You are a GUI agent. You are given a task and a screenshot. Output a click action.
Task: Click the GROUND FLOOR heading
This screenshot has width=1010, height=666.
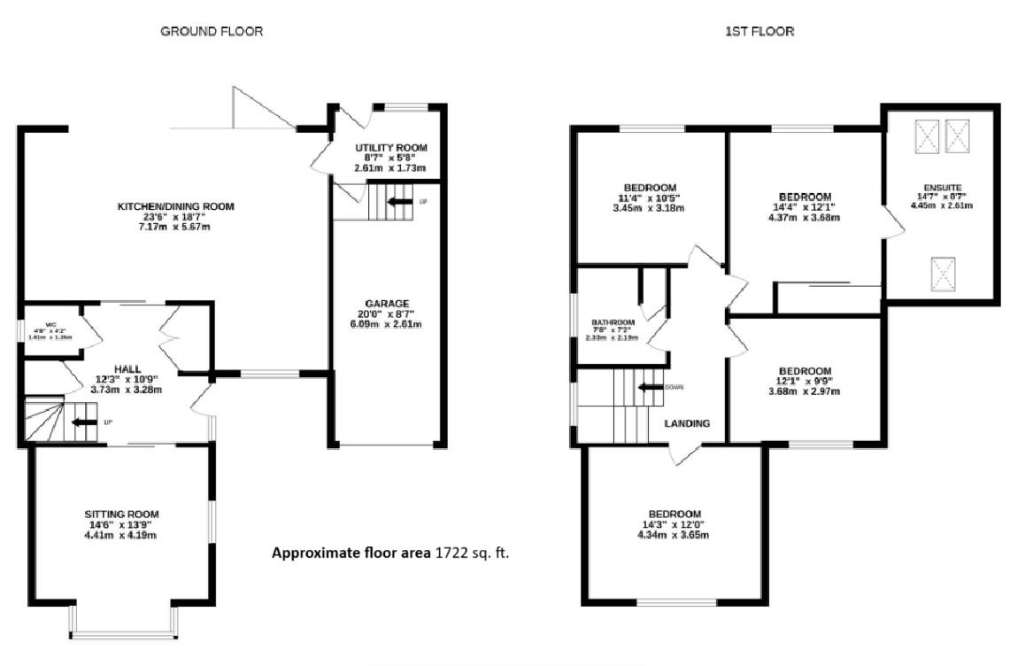click(x=211, y=32)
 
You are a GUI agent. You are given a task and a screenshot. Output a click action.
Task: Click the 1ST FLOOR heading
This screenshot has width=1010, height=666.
click(x=759, y=32)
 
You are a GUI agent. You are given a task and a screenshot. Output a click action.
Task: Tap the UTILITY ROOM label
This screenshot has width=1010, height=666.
click(x=390, y=147)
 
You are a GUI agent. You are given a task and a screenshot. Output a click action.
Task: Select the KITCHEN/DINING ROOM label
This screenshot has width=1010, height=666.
click(x=176, y=206)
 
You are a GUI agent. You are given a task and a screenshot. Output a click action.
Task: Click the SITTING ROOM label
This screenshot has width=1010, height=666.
click(x=121, y=514)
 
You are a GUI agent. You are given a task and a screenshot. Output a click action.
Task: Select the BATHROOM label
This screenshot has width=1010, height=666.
click(x=613, y=322)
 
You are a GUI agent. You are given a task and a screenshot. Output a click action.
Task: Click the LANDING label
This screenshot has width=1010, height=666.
click(x=688, y=423)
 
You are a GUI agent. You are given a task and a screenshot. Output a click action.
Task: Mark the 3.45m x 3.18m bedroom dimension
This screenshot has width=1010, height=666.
click(x=650, y=209)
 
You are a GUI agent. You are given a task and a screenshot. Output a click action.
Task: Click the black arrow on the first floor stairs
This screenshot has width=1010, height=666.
click(x=650, y=387)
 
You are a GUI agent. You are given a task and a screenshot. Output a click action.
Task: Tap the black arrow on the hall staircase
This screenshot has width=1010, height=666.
click(x=84, y=422)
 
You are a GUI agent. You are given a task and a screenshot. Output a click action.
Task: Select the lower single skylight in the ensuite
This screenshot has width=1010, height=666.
click(x=943, y=274)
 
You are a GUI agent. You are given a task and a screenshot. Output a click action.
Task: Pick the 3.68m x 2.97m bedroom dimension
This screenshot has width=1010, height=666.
click(x=804, y=392)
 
